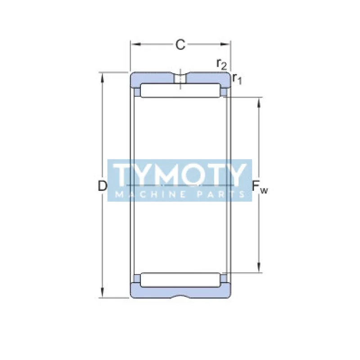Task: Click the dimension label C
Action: pos(180,44)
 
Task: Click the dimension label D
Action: pos(103,185)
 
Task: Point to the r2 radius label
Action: pos(221,64)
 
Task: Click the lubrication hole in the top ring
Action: pos(180,79)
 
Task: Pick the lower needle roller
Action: pos(180,279)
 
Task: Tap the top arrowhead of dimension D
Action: pos(103,76)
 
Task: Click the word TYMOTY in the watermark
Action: pos(180,174)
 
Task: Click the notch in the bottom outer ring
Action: pos(180,297)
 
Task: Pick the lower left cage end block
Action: pos(137,279)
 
